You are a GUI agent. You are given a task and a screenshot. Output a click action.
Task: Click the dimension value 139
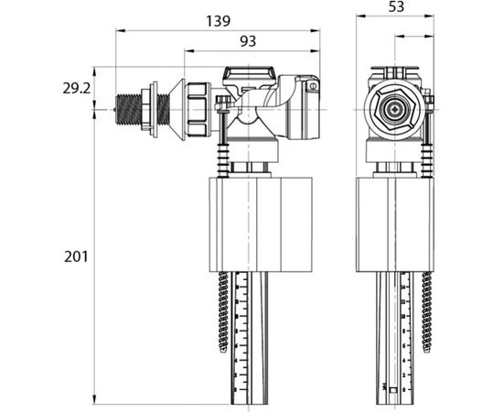pyautogui.click(x=218, y=19)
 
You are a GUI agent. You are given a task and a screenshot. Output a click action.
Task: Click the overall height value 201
pyautogui.click(x=76, y=257)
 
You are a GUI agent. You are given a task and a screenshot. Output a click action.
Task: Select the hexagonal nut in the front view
pyautogui.click(x=391, y=107)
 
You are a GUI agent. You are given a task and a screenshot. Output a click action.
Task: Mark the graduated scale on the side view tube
pyautogui.click(x=241, y=334)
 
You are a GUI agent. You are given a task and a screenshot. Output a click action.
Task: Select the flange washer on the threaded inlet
pyautogui.click(x=156, y=104)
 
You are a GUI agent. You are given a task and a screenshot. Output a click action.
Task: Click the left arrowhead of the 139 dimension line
pyautogui.click(x=118, y=30)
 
